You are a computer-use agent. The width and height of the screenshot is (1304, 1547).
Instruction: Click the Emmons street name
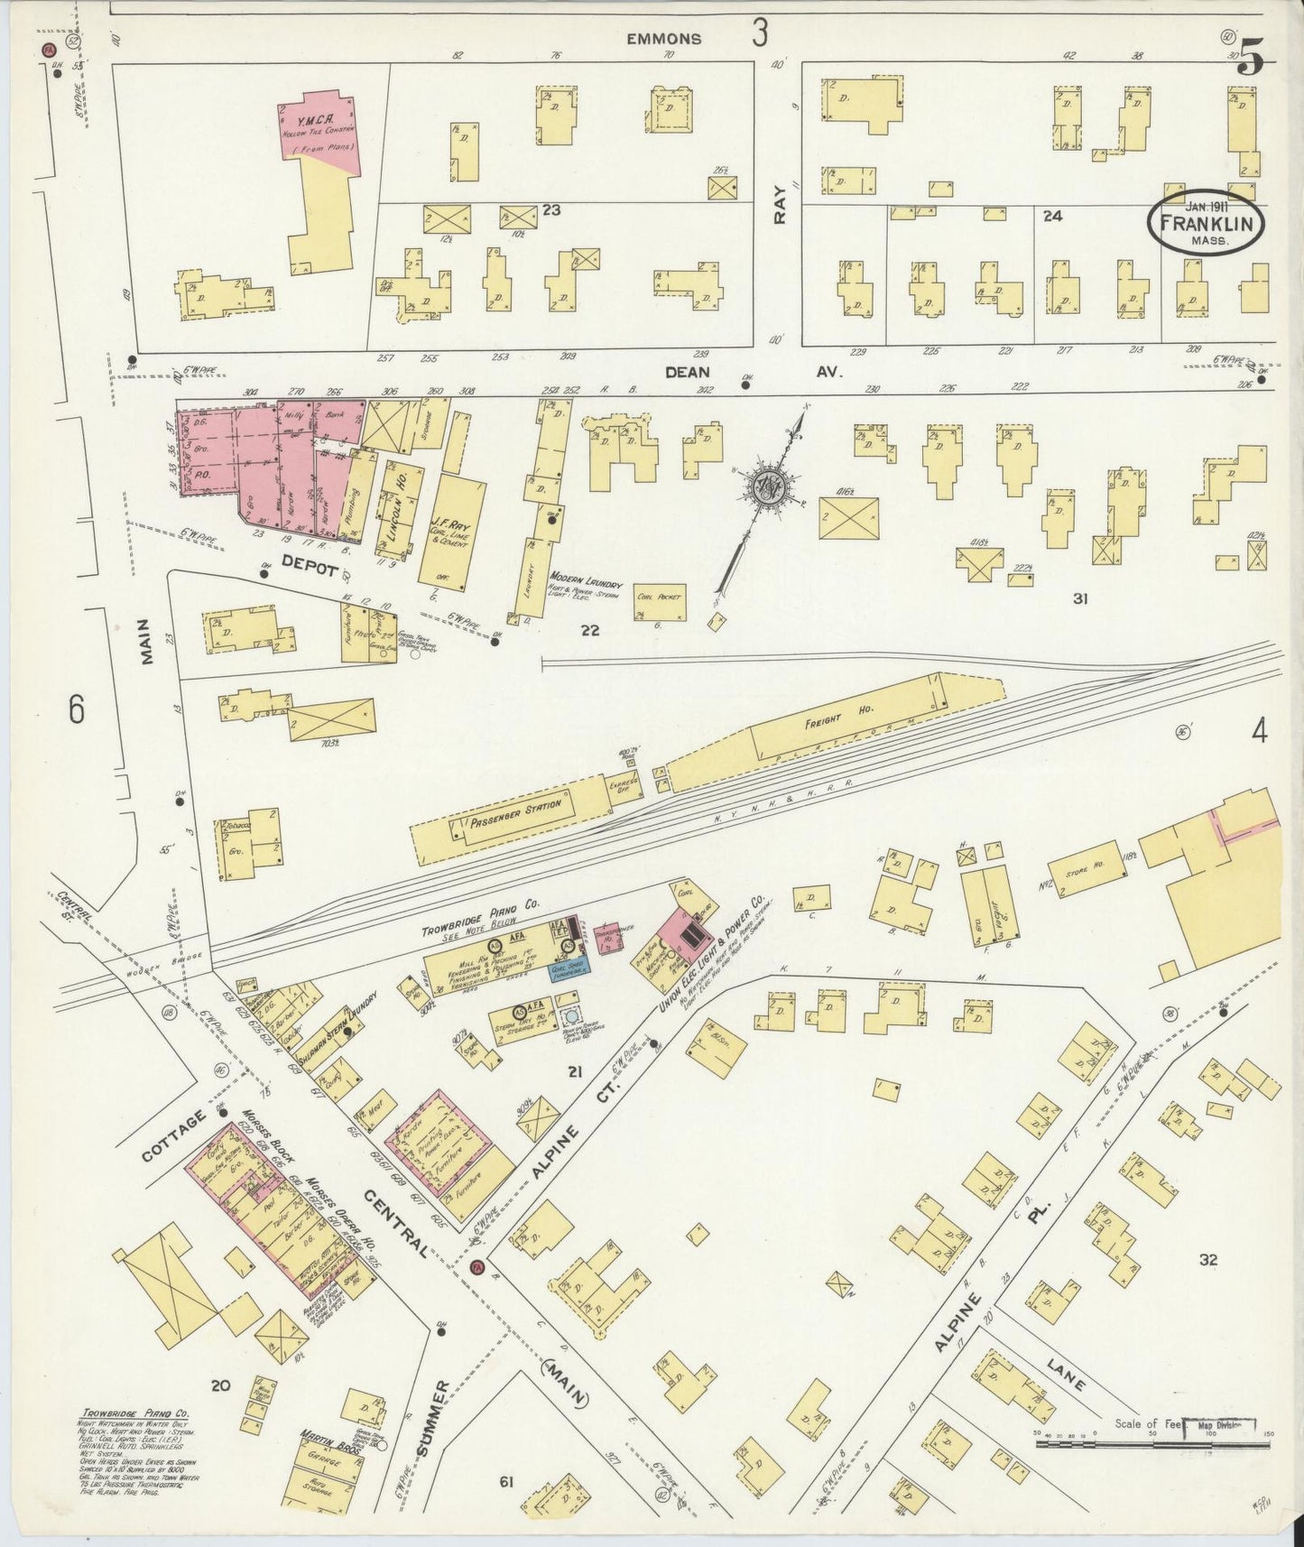coord(665,39)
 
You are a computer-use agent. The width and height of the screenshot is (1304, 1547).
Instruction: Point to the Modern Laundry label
coord(586,586)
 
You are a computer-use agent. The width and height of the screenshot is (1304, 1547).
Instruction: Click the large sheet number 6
coord(77,710)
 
